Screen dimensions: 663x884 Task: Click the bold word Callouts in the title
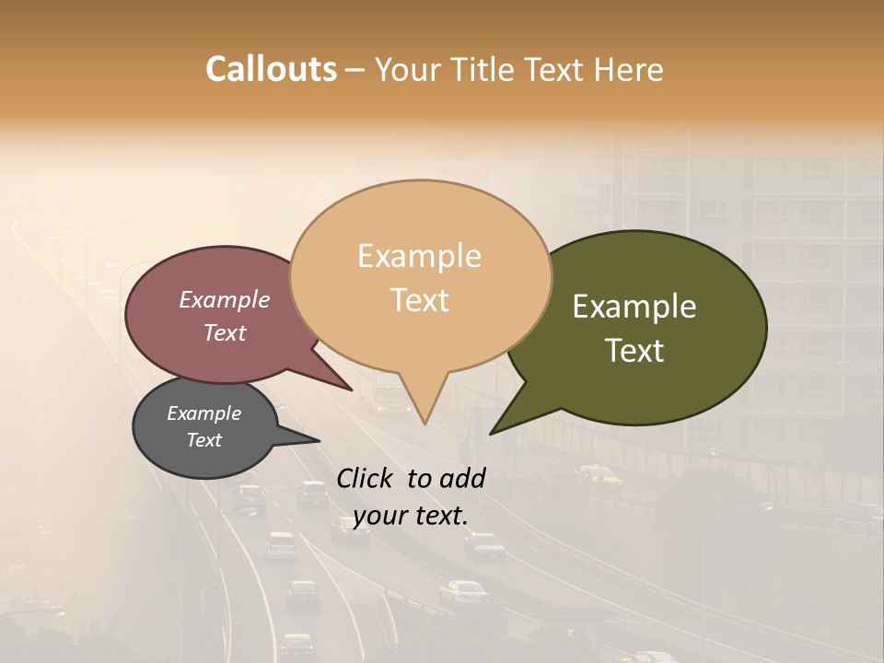coord(271,69)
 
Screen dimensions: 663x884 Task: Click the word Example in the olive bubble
coord(634,307)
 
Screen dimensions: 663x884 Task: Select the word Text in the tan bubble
coord(420,300)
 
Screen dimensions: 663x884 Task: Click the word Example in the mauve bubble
coord(225,300)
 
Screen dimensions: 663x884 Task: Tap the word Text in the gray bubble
coord(204,440)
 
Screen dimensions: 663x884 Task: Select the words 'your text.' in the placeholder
coord(411,515)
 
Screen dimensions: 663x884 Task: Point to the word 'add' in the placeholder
coord(461,478)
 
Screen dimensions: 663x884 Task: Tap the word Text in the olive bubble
coord(634,351)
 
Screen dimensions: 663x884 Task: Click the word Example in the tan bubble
coord(420,256)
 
